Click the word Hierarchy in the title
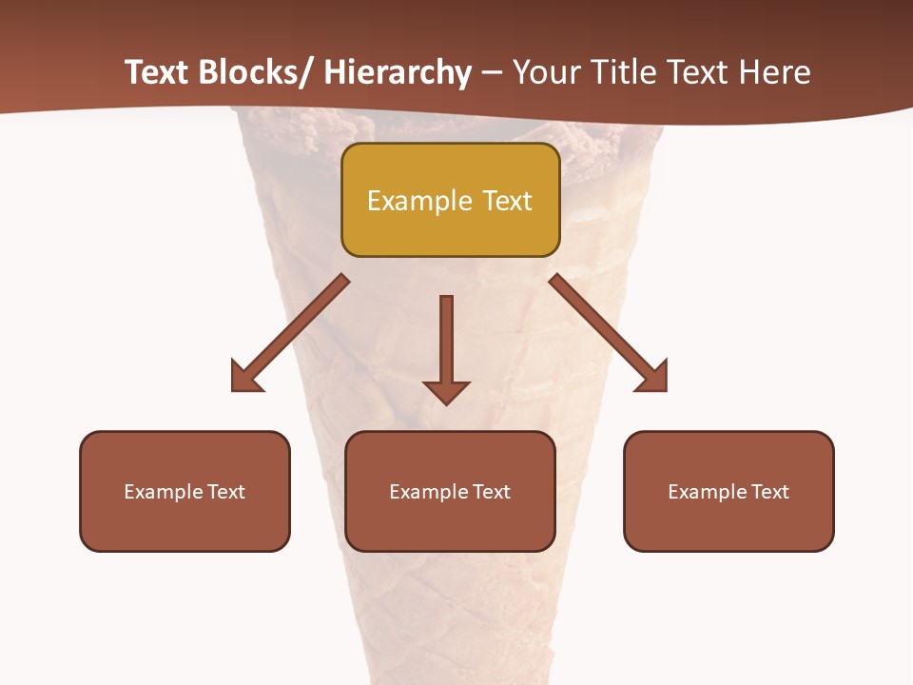point(398,72)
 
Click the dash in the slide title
point(492,74)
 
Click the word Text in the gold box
point(506,201)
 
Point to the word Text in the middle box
point(492,492)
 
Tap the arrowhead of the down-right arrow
point(653,378)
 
